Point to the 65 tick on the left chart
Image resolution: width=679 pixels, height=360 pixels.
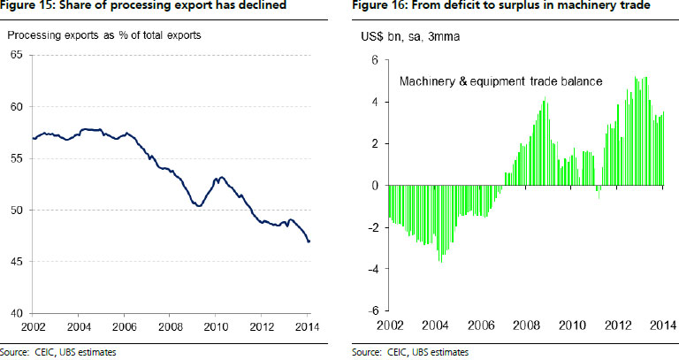click(x=17, y=56)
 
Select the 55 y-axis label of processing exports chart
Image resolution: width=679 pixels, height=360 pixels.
click(x=17, y=158)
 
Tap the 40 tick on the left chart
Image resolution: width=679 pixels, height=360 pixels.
click(x=17, y=313)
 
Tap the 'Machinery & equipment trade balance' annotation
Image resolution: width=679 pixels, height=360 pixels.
click(x=501, y=81)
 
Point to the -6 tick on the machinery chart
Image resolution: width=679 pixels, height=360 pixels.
click(x=372, y=310)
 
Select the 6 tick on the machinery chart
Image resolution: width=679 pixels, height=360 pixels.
click(x=375, y=60)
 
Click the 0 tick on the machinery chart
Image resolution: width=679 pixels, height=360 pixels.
click(x=375, y=186)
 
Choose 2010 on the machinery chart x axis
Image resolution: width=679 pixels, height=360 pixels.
click(x=572, y=326)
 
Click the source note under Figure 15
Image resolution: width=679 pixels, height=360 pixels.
click(x=58, y=352)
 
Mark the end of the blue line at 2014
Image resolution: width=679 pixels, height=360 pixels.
click(x=309, y=241)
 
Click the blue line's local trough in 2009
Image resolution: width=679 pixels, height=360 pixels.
click(x=198, y=206)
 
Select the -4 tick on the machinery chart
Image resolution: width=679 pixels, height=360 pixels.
click(x=372, y=269)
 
